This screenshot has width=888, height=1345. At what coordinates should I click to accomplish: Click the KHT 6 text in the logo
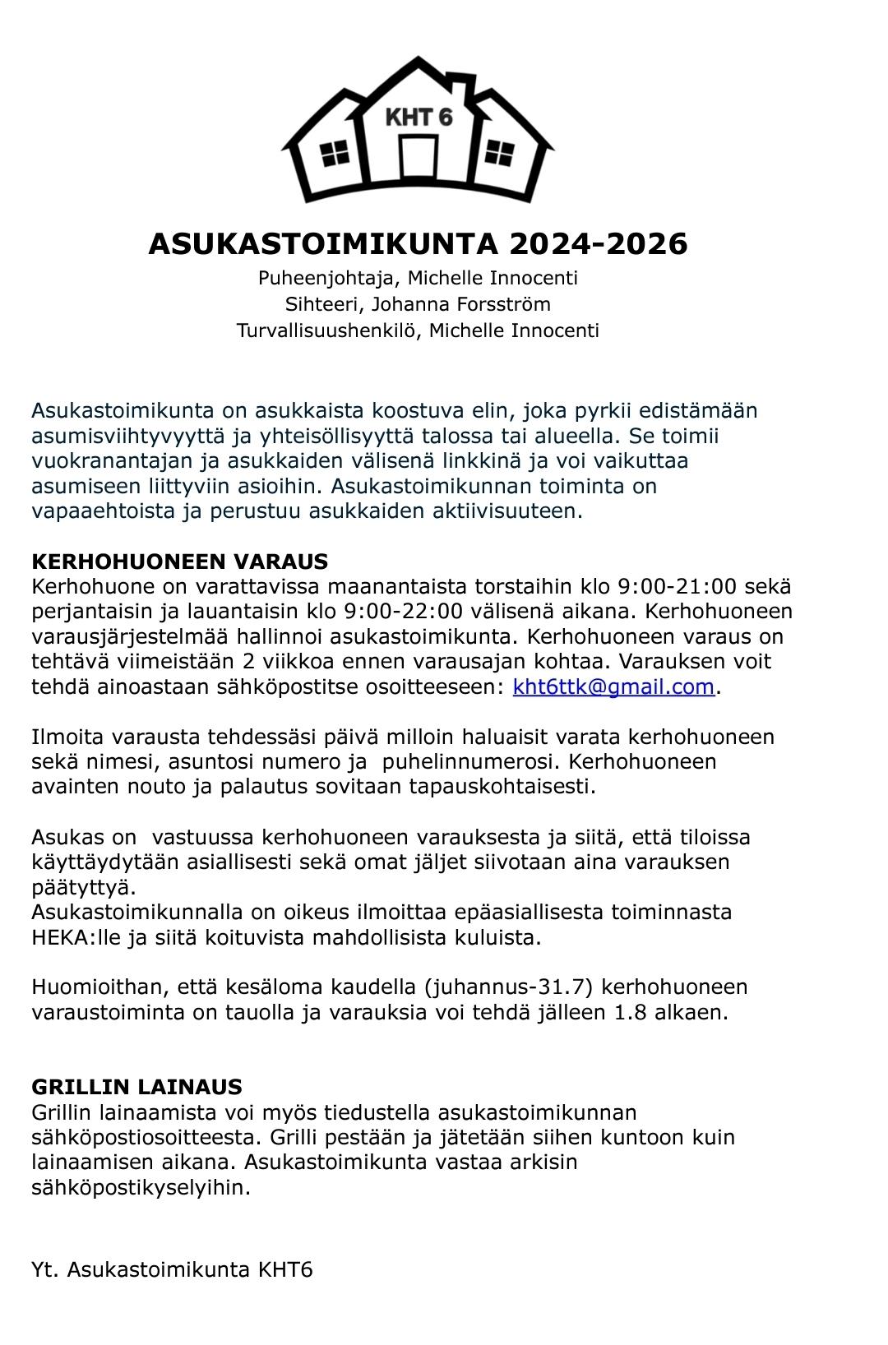(419, 117)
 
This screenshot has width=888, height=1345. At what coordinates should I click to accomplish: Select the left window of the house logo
(335, 153)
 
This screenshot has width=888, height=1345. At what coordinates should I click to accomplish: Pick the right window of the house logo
(499, 153)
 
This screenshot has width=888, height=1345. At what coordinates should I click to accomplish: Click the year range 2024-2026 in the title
(598, 244)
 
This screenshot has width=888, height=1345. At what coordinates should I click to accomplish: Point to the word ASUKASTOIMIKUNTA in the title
(323, 244)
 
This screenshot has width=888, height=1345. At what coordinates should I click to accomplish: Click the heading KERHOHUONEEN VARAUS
(179, 562)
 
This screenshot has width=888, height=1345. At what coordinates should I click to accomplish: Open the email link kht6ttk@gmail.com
(613, 686)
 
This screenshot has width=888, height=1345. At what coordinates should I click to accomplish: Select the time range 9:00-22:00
(403, 612)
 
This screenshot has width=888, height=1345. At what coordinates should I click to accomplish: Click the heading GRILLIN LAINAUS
(136, 1087)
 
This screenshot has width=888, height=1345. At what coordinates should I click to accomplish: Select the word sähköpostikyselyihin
(140, 1187)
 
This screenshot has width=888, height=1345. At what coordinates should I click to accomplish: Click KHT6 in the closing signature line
(285, 1269)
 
